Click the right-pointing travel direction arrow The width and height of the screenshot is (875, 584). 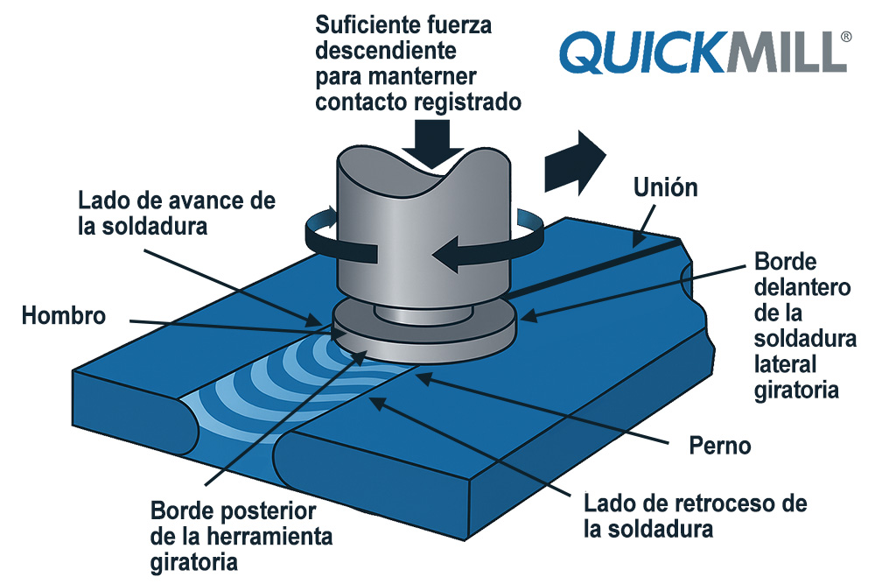(574, 162)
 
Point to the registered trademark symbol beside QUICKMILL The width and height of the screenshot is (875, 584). (844, 37)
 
